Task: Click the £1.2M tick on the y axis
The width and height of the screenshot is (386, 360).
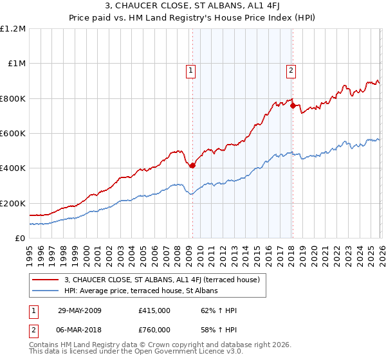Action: tap(13, 29)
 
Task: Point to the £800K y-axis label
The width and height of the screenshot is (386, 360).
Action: tap(13, 98)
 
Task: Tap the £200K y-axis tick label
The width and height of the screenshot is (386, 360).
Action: tap(13, 203)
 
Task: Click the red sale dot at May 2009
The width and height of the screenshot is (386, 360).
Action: tap(192, 165)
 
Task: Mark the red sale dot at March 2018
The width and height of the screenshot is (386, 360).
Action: tap(292, 105)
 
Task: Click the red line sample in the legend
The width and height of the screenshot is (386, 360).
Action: tap(46, 280)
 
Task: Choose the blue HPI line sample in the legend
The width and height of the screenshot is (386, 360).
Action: tap(46, 291)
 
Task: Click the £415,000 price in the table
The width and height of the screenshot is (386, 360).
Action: tap(154, 310)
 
